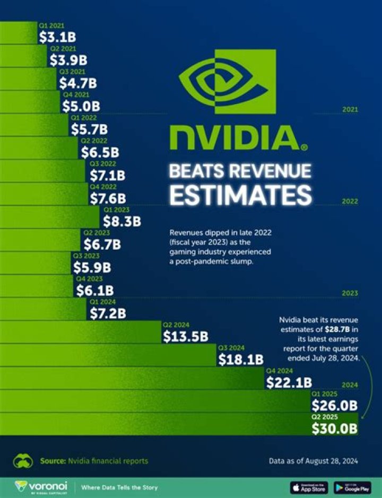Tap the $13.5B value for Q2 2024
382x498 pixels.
[x=185, y=337]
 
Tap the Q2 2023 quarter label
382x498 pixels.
[x=95, y=232]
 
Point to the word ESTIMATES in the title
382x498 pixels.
[x=240, y=195]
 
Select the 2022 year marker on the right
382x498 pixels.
[x=350, y=202]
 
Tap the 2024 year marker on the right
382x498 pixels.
[x=350, y=385]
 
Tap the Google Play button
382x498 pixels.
[x=352, y=487]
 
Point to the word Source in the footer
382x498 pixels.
[x=52, y=461]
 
